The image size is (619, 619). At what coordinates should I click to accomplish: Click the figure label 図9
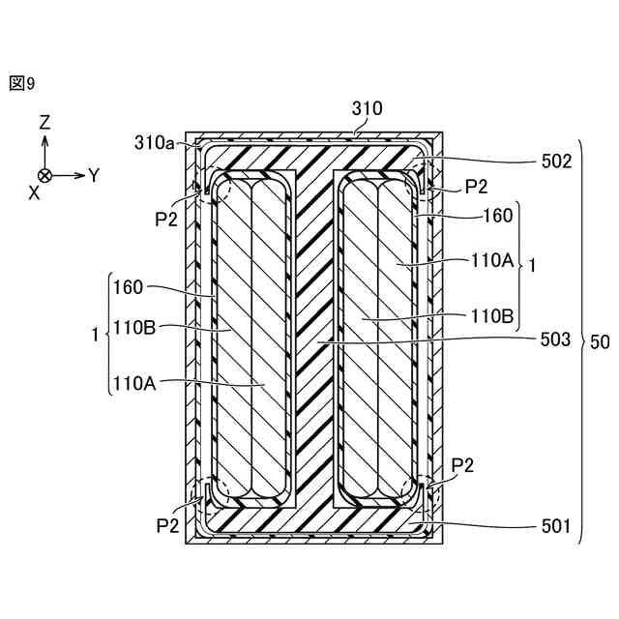[x=22, y=84]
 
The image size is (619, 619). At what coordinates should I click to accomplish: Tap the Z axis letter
[x=44, y=123]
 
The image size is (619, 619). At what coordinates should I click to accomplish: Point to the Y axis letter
[x=94, y=175]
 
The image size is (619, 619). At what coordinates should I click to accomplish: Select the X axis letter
[x=34, y=193]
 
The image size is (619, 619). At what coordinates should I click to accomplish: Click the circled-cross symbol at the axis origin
[x=44, y=175]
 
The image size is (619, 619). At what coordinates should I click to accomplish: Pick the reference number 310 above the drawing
[x=367, y=109]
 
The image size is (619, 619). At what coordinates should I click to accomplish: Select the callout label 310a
[x=155, y=142]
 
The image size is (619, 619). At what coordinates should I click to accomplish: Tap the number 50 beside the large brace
[x=600, y=340]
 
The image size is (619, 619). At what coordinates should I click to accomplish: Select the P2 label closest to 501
[x=462, y=465]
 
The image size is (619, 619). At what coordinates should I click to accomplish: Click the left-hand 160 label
[x=128, y=287]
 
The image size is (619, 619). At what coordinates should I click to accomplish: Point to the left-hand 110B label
[x=133, y=327]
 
